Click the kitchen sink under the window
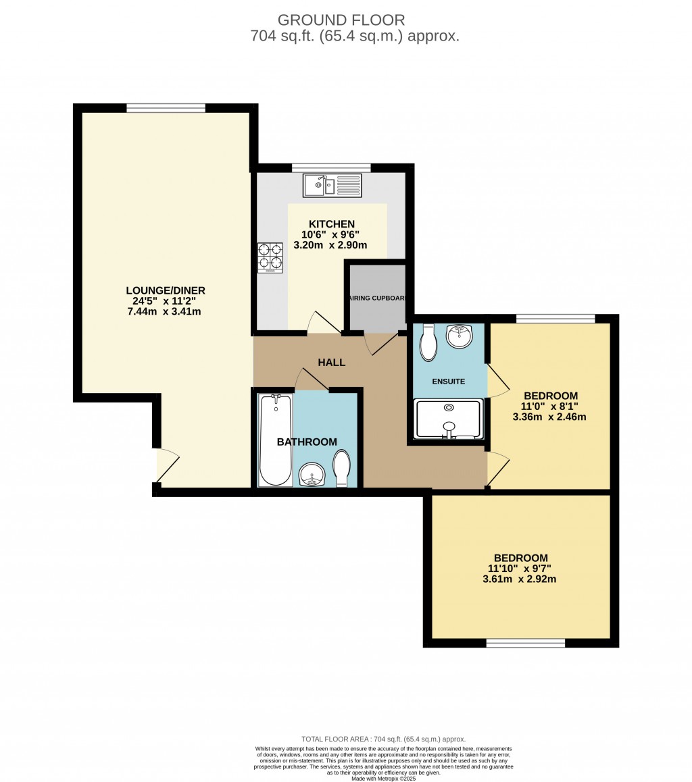point(332,185)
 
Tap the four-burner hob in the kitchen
point(270,257)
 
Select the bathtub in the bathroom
point(276,440)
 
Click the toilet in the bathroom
point(343,467)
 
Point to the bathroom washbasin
point(312,475)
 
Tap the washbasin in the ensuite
point(459,336)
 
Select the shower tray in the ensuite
point(448,419)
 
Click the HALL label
point(332,363)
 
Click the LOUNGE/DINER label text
point(166,290)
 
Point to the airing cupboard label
point(376,298)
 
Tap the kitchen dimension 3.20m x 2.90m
point(330,245)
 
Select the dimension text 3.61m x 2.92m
point(520,579)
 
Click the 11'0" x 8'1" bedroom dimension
point(551,407)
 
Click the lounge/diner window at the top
point(166,108)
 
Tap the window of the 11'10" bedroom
point(525,644)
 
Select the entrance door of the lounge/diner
point(167,467)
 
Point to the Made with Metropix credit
point(383,779)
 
